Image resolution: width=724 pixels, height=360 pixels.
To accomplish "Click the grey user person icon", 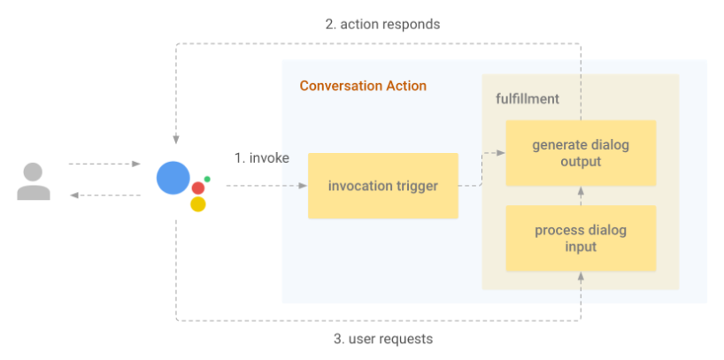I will [x=33, y=180].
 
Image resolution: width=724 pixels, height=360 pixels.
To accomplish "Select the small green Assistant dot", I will [x=207, y=179].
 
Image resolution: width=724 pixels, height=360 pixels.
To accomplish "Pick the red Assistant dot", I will [x=198, y=188].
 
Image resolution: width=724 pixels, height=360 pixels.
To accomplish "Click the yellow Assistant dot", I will [x=198, y=204].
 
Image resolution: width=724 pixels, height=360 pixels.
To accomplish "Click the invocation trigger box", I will [x=382, y=186].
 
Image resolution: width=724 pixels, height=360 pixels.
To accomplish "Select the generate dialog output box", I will [x=581, y=153].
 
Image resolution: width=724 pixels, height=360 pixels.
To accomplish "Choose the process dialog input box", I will [x=581, y=238].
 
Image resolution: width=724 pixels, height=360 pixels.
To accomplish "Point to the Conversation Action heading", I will [x=363, y=86].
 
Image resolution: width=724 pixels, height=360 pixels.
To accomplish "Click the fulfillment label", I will [x=528, y=98].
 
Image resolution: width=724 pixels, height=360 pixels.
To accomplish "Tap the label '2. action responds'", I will [x=382, y=24].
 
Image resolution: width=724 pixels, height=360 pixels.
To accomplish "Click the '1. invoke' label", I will [x=262, y=157].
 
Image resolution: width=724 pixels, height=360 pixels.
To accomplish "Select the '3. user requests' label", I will [x=383, y=338].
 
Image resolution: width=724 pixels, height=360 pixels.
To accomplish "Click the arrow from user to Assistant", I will [x=104, y=164].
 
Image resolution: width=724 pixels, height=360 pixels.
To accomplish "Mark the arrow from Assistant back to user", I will [x=104, y=195].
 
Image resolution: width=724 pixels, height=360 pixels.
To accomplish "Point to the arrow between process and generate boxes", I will [x=581, y=195].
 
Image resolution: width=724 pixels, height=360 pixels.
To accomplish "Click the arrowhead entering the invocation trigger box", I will [x=303, y=186].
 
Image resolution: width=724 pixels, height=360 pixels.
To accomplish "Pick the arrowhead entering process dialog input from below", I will [x=581, y=277].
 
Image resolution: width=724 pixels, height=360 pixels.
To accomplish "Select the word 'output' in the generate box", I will [x=581, y=161].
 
